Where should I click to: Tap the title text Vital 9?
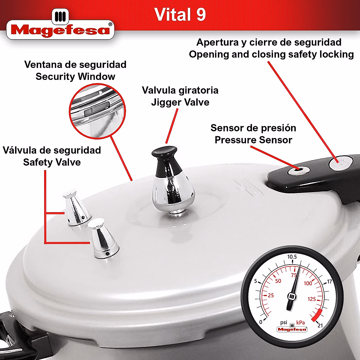[180, 14]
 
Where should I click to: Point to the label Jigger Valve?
[180, 102]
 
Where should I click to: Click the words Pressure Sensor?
[253, 140]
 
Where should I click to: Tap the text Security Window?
[75, 76]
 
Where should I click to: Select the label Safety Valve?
[52, 162]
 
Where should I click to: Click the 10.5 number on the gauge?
[292, 257]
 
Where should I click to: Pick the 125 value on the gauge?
[312, 299]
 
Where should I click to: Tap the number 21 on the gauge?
[320, 325]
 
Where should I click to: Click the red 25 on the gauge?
[271, 295]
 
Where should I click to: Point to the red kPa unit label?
[300, 323]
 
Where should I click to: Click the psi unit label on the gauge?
[283, 322]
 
